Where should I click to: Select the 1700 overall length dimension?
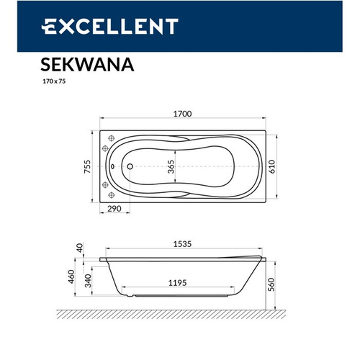[182, 114]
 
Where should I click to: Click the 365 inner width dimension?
[171, 168]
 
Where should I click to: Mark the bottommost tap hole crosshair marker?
[111, 195]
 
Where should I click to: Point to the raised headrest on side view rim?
[253, 256]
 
